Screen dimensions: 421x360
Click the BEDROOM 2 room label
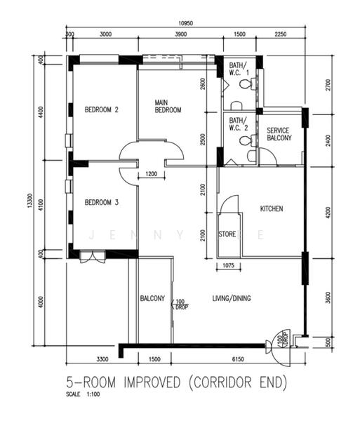coord(102,109)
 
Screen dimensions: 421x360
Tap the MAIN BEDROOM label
coord(168,106)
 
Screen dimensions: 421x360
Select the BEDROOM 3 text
coord(102,203)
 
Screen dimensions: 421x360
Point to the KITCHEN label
coord(272,209)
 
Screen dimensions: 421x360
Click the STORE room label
coord(227,234)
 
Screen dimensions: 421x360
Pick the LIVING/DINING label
coord(232,298)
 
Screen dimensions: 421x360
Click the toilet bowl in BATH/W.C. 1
coord(244,83)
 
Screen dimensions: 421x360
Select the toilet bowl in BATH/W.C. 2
coord(245,140)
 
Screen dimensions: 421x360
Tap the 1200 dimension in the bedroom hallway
coord(151,174)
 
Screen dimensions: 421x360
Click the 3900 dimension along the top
coord(180,34)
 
